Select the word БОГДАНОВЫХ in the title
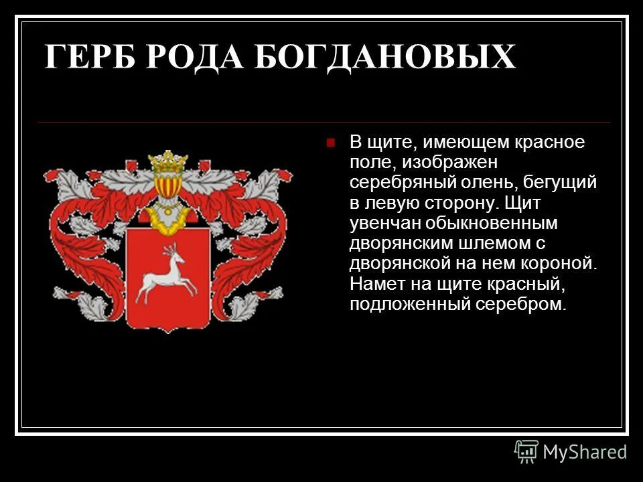click(384, 58)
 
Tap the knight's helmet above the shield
click(167, 194)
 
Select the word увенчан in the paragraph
click(381, 222)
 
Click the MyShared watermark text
click(585, 452)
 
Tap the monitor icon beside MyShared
click(526, 451)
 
